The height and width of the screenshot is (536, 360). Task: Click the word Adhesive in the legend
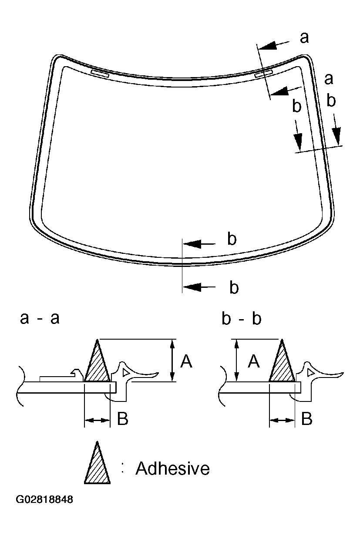(172, 469)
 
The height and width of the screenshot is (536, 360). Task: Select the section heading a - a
(40, 319)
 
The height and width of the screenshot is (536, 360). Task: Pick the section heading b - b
(241, 319)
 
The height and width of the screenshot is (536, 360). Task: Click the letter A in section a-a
(186, 361)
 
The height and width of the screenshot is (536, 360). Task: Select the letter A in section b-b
(254, 361)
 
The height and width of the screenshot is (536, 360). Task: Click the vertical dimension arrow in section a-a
(173, 361)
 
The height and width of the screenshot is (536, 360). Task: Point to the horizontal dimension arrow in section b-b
(282, 420)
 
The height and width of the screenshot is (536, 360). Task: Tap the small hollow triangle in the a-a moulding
(126, 372)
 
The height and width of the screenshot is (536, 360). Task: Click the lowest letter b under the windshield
(234, 287)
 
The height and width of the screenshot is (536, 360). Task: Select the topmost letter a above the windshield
(305, 38)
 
